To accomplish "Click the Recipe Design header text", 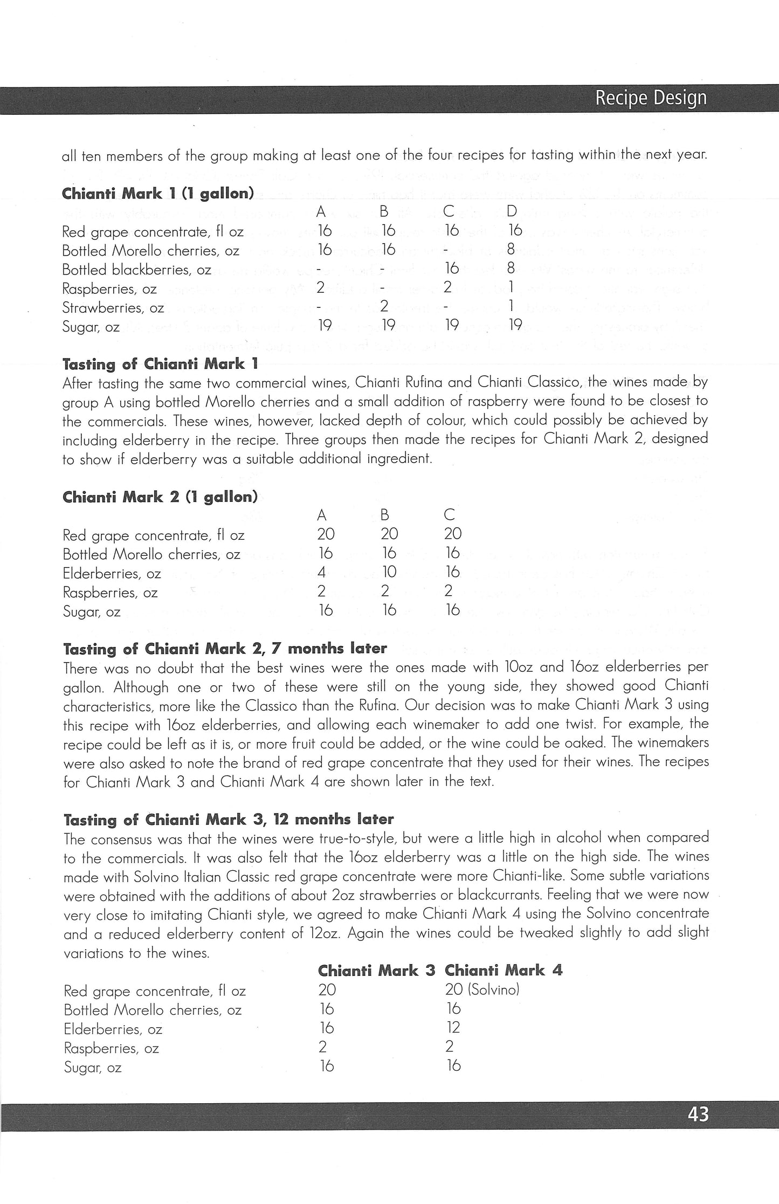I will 651,98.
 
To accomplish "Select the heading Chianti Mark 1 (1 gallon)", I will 158,194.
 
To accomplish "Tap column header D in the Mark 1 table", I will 512,212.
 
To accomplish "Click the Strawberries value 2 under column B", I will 384,307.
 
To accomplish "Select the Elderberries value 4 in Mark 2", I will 322,572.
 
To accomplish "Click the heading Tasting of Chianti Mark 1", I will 160,364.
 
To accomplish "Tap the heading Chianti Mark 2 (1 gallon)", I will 160,497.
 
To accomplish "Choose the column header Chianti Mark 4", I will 503,970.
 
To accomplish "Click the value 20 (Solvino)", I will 482,989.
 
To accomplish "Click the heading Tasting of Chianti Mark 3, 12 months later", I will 229,820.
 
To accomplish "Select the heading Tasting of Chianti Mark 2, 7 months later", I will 225,648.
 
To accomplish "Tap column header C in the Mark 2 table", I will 449,515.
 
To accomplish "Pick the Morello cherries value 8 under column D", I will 511,250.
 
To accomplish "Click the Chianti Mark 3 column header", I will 376,970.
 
